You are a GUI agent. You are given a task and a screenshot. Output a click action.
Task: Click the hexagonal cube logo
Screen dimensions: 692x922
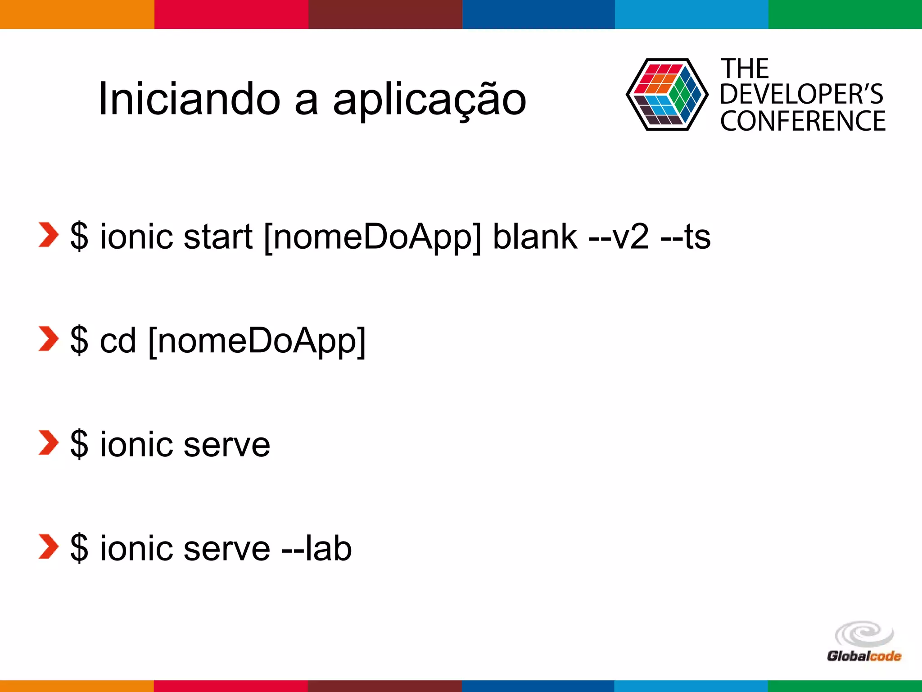coord(667,95)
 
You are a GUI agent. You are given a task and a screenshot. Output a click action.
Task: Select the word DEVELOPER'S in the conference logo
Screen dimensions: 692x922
coord(801,95)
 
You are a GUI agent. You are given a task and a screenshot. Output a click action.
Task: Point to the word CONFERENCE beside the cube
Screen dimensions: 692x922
coord(803,121)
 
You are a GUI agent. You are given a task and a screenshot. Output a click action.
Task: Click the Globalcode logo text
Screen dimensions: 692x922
coord(864,656)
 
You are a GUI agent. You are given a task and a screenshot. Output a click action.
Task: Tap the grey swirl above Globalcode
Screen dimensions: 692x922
coord(864,634)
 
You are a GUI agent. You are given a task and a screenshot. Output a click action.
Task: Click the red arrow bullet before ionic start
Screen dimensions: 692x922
coord(48,235)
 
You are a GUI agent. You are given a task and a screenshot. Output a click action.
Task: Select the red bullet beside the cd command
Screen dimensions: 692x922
coord(48,339)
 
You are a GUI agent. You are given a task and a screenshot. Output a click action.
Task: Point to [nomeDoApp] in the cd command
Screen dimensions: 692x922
coord(257,341)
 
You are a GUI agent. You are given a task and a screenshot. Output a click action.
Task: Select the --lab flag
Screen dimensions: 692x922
coord(316,548)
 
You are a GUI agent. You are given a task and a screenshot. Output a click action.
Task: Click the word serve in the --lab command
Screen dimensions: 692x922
coord(227,549)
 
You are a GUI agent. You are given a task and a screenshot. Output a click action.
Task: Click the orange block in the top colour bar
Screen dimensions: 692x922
coord(77,14)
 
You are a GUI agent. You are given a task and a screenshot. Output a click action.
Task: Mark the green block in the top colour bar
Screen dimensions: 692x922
coord(845,14)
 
